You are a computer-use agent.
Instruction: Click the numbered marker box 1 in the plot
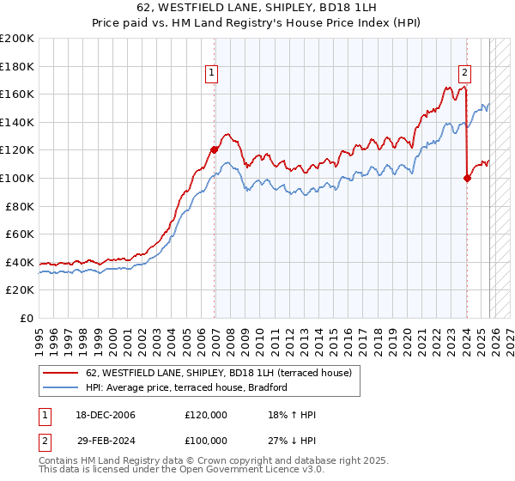click(x=211, y=74)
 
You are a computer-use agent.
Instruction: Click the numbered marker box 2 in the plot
click(x=464, y=74)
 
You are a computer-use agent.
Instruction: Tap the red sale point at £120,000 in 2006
click(x=215, y=149)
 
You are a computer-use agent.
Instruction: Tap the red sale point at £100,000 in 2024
click(x=467, y=178)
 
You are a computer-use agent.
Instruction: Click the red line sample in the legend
click(x=62, y=373)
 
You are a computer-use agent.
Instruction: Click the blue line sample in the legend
click(x=62, y=387)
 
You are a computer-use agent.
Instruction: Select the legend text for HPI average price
click(x=185, y=387)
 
